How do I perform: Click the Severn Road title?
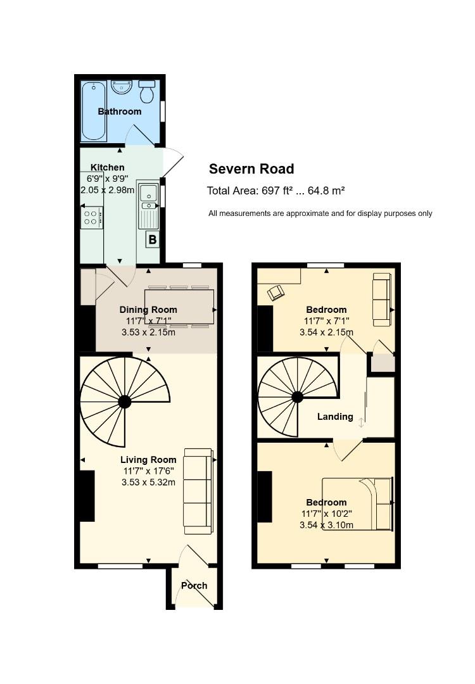251,169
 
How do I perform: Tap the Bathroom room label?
120,111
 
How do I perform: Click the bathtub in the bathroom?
94,111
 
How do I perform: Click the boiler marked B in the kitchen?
153,239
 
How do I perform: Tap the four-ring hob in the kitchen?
91,218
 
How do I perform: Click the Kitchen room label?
107,167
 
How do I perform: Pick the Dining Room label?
148,310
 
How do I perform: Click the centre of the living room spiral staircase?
125,402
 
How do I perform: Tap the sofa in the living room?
198,491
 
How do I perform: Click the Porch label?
194,585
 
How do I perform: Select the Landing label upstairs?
335,417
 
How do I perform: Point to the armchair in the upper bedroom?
275,292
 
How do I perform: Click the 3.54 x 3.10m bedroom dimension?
326,525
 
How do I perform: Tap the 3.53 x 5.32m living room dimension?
148,482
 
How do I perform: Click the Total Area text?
276,191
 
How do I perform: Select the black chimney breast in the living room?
87,495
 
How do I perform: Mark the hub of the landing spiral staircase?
298,397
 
